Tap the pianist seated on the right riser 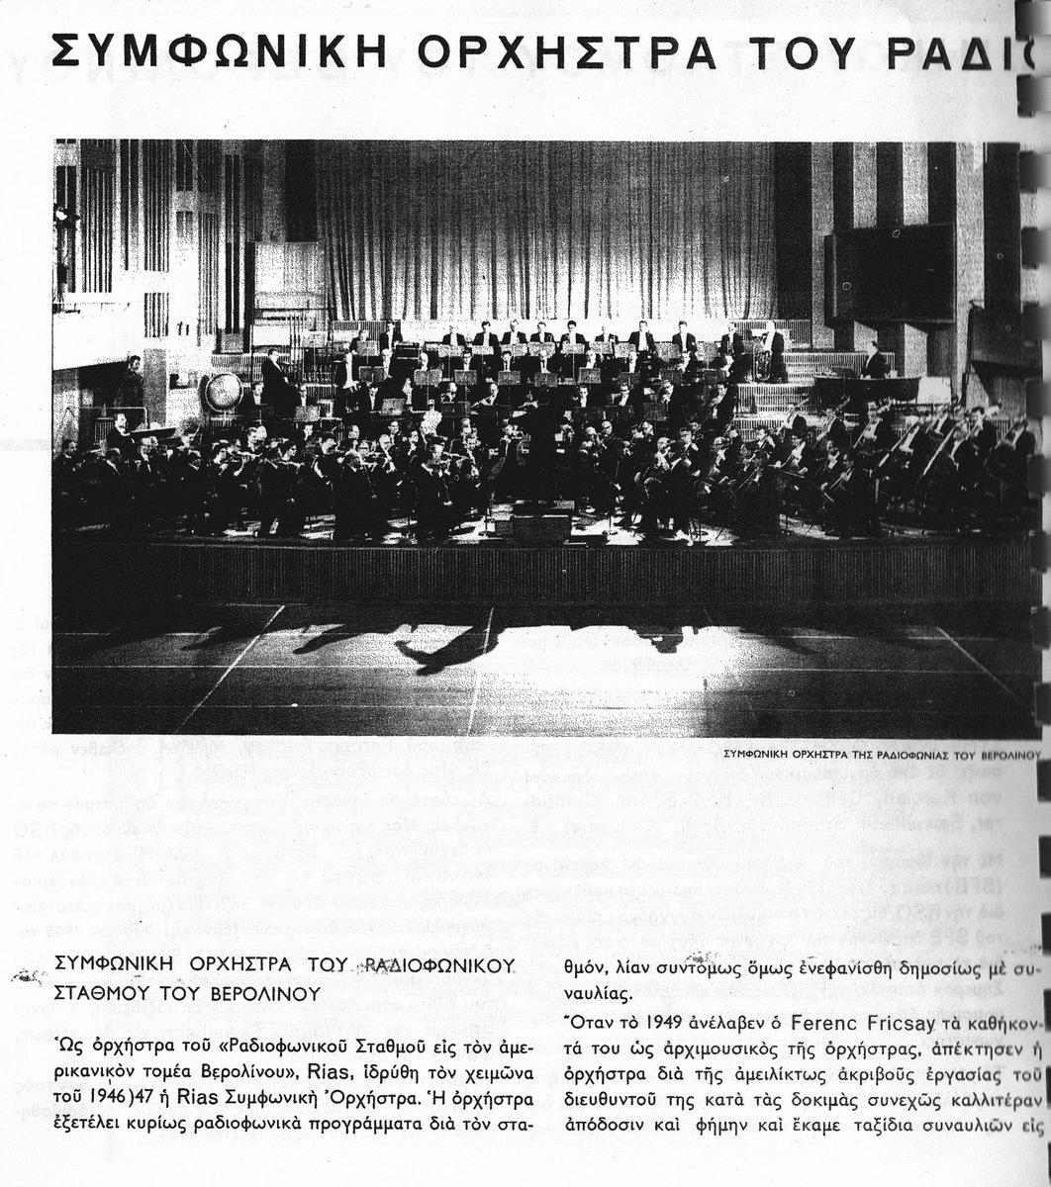(874, 361)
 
